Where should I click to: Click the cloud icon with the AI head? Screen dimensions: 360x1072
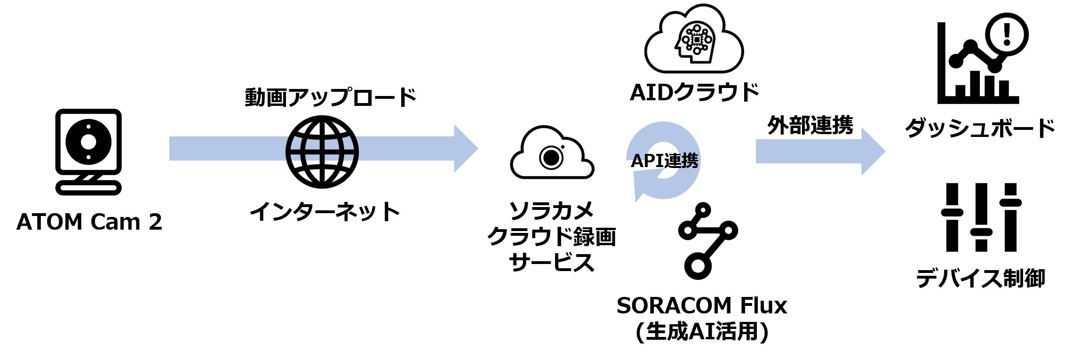click(x=694, y=38)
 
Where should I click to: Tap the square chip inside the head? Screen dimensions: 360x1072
click(x=697, y=40)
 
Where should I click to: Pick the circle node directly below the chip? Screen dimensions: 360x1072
click(x=697, y=50)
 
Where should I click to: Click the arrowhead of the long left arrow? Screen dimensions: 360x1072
click(x=466, y=149)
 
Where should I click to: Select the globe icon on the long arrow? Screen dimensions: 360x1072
click(x=322, y=149)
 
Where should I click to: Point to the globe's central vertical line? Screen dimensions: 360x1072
click(x=322, y=149)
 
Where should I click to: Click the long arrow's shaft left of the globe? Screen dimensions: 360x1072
click(x=226, y=149)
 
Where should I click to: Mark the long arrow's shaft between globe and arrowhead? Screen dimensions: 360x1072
click(x=405, y=149)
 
